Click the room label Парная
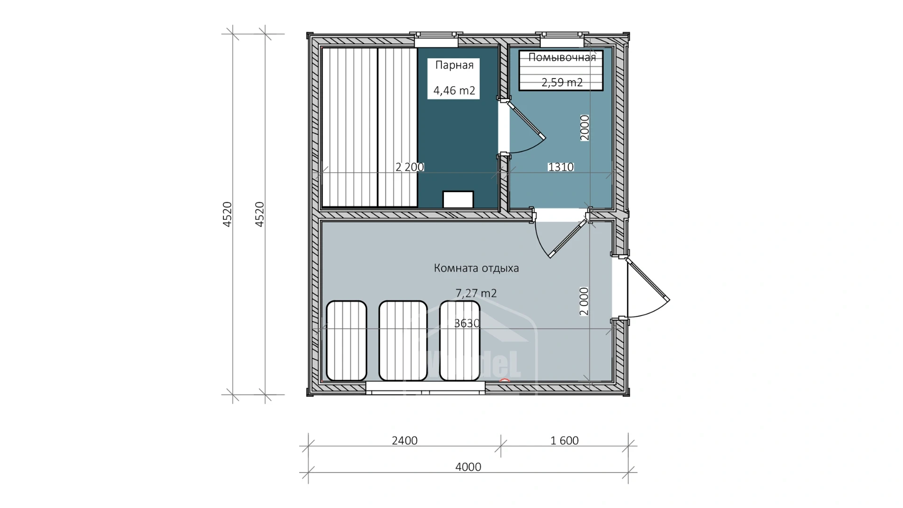point(454,65)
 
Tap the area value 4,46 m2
point(454,90)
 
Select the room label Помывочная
point(562,57)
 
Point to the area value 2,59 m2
point(562,82)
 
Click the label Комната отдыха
point(476,268)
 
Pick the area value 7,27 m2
point(476,293)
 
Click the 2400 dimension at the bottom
point(404,441)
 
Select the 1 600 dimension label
point(564,441)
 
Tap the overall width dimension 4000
point(468,467)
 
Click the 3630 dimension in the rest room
point(467,323)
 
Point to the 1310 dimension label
point(561,167)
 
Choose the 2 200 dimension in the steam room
point(410,167)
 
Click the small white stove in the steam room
point(458,199)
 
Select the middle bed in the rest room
point(403,341)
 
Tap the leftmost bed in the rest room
point(347,341)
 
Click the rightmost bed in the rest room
point(460,341)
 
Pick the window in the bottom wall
point(425,388)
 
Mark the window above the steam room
point(436,39)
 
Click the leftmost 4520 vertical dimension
point(228,214)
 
